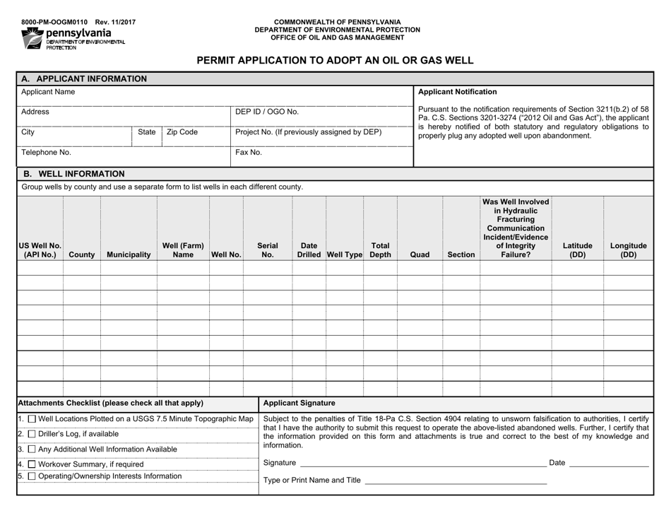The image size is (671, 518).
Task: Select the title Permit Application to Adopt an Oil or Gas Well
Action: tap(335, 60)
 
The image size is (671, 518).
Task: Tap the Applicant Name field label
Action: tap(48, 92)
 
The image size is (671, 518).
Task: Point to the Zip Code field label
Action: tap(182, 131)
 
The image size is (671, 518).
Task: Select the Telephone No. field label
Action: tap(46, 151)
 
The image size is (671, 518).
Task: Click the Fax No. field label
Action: tap(249, 151)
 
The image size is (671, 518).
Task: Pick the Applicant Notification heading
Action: tap(457, 92)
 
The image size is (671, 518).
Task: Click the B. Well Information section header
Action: tap(74, 173)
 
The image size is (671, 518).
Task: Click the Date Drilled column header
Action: tap(309, 249)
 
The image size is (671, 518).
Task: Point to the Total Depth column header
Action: tap(380, 249)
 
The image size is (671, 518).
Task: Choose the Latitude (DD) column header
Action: tap(577, 249)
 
